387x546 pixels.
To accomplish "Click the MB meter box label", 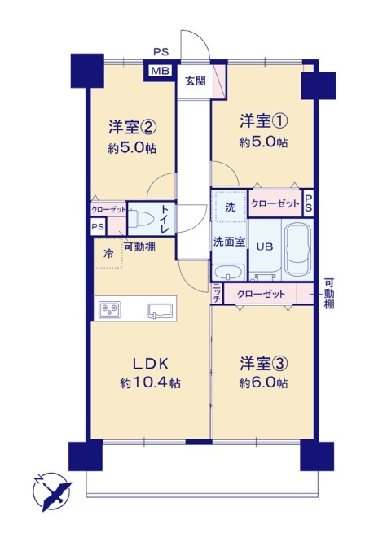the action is pos(161,71).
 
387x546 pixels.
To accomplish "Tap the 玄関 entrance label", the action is pos(196,81).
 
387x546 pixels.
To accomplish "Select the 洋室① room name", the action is pos(264,121).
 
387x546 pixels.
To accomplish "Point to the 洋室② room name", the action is pos(132,128).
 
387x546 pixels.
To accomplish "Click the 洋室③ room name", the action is pos(264,364).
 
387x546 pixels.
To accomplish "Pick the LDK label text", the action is pos(151,365).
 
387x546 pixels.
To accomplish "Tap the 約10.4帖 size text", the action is pos(151,383).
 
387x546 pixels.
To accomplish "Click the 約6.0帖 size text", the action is pos(264,383).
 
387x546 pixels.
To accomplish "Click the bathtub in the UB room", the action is pos(298,249).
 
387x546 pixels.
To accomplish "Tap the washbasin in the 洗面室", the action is pos(229,272).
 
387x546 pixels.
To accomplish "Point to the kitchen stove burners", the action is pos(109,309).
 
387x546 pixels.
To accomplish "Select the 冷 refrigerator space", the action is pos(108,254).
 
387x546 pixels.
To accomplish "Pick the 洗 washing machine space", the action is pos(230,207).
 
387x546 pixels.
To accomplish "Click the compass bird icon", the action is pos(52,491).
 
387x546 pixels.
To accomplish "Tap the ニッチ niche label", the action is pos(217,293).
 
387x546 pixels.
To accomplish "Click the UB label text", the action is pos(265,247).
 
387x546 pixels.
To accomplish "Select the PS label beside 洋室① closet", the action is pos(309,203).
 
